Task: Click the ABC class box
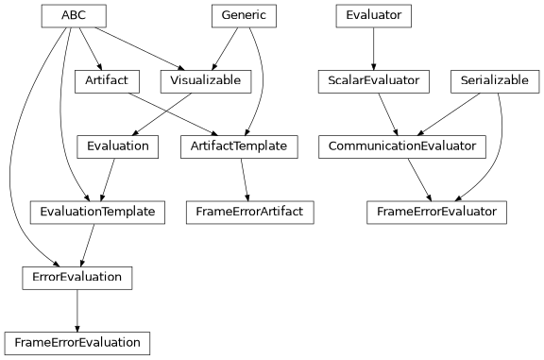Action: point(74,16)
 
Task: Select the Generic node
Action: point(244,16)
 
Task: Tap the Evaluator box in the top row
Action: point(373,16)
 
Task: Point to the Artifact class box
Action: point(107,81)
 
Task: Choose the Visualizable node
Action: point(206,81)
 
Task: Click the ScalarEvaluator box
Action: point(373,81)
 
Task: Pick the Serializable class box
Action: point(494,81)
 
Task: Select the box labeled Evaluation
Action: point(117,146)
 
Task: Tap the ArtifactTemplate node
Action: point(239,146)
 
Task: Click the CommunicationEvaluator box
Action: point(402,146)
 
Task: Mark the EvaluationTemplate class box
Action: point(97,212)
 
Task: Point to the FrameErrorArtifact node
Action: point(249,212)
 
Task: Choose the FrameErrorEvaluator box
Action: point(436,212)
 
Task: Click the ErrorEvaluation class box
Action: point(76,277)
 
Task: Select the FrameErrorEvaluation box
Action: point(77,342)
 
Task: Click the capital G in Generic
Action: point(225,16)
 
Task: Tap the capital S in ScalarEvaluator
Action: point(331,81)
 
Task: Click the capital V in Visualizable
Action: point(174,81)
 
